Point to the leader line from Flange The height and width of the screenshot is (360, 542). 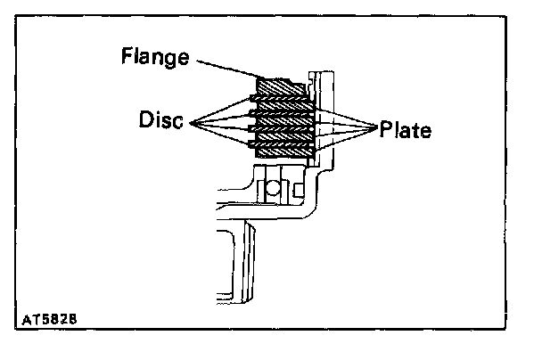(x=226, y=70)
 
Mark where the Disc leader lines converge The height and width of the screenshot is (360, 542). (x=189, y=120)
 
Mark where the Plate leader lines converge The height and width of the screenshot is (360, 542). (x=376, y=128)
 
